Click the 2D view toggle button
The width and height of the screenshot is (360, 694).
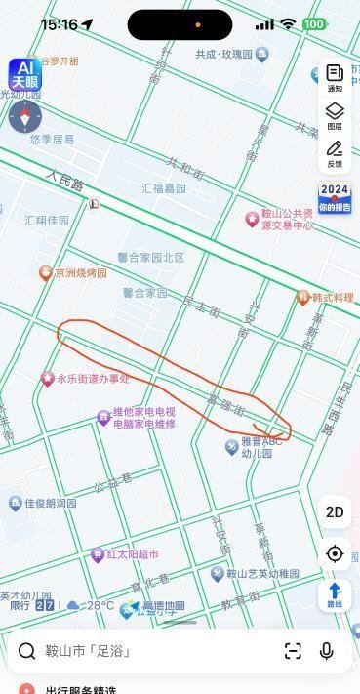point(335,511)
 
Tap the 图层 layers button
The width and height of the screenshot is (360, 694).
point(335,116)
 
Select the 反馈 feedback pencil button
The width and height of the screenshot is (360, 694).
point(335,154)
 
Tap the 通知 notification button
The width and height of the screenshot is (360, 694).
point(335,78)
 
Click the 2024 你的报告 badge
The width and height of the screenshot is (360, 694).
point(334,197)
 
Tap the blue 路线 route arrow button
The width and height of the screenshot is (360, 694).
point(335,594)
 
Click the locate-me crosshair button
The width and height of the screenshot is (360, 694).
point(335,553)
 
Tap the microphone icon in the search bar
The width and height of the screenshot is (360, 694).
point(326,651)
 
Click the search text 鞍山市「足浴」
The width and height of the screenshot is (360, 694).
point(88,651)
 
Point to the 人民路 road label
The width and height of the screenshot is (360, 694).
point(64,182)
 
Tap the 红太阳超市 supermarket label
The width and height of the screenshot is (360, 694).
point(132,554)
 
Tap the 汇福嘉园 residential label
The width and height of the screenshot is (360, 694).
point(164,188)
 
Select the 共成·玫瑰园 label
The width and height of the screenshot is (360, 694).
point(224,55)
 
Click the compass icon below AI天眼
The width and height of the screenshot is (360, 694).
point(25,116)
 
